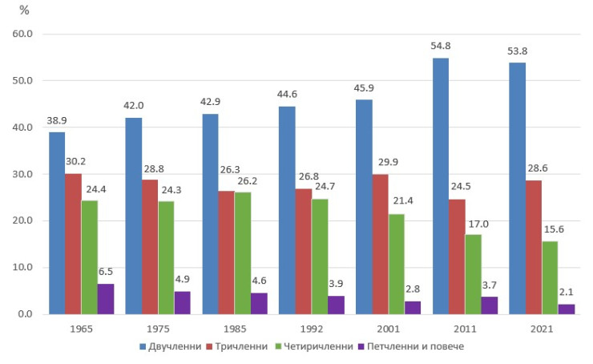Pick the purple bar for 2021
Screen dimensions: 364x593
coord(567,309)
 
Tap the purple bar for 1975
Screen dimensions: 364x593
coord(183,302)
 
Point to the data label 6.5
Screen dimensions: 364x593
coord(106,271)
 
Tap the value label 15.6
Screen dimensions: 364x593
coord(551,229)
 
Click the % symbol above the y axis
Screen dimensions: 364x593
coord(24,11)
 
